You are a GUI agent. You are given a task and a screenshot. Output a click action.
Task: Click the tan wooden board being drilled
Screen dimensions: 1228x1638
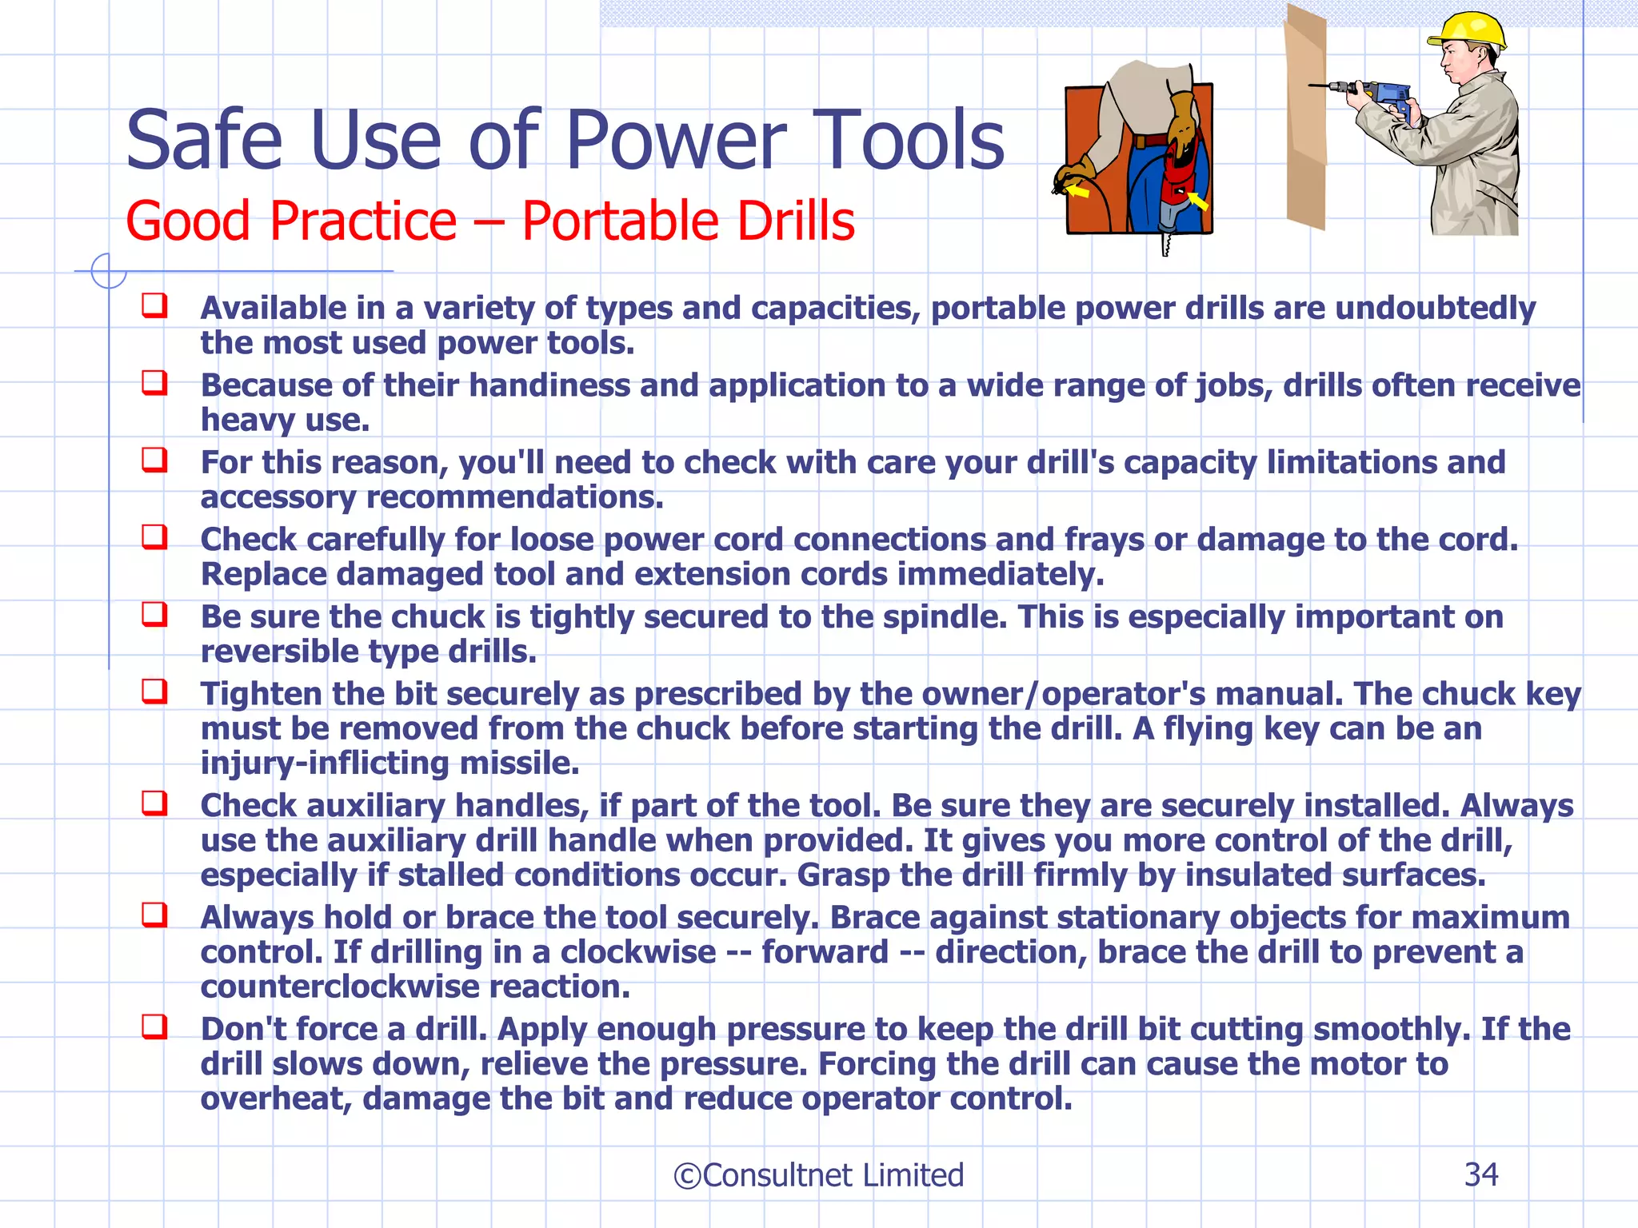(1306, 120)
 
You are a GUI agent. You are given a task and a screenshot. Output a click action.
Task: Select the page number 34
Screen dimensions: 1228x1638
(1480, 1174)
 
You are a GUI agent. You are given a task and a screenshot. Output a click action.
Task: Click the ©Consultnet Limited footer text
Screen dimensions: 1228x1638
(818, 1175)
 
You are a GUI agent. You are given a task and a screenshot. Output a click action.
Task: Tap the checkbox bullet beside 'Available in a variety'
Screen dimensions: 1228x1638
(154, 305)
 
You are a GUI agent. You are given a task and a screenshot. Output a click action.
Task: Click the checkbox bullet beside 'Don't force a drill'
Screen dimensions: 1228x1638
(154, 1026)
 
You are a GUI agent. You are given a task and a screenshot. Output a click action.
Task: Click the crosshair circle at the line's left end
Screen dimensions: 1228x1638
(108, 271)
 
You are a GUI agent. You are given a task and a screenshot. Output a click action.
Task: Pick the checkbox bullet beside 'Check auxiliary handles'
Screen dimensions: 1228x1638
(154, 803)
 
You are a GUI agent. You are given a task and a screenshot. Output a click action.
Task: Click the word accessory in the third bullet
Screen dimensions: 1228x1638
(278, 498)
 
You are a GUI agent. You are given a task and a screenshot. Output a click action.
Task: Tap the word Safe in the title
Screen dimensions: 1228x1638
(205, 141)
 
